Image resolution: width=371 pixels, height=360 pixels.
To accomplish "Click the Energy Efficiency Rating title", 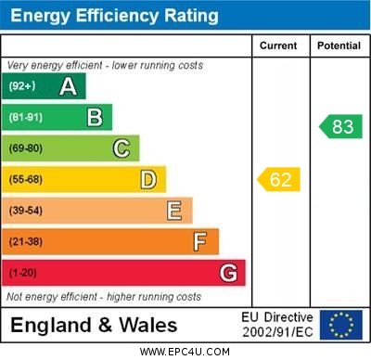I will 114,16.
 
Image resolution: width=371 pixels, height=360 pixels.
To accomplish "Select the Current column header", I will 278,45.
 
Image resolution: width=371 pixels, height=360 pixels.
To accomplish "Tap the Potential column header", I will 339,45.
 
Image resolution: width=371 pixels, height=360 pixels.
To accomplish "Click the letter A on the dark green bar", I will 68,86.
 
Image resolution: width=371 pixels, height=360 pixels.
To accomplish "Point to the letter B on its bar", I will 95,117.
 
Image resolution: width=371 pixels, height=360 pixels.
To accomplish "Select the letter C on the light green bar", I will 122,148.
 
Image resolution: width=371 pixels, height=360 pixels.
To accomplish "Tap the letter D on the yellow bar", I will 148,179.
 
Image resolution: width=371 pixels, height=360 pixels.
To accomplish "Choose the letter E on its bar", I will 174,211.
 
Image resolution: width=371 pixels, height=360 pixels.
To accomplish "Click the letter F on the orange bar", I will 200,242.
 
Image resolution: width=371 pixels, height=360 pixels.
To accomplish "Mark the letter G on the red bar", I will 228,274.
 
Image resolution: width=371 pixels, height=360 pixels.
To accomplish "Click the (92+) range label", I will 22,86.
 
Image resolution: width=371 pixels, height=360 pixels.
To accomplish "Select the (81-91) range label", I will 26,117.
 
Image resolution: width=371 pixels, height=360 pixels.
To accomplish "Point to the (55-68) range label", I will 26,179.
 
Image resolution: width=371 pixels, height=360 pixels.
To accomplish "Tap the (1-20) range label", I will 23,274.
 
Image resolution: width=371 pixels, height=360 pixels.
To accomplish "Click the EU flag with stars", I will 341,325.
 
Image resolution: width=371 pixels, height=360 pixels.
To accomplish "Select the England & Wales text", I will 94,325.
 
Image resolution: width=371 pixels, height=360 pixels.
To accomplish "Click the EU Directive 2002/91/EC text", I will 277,325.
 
